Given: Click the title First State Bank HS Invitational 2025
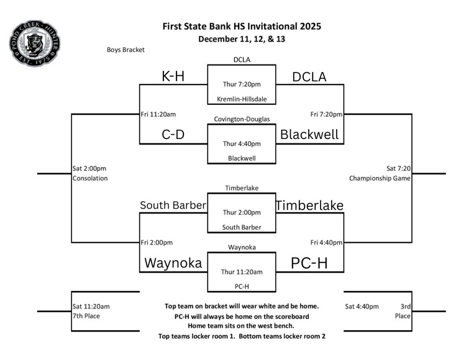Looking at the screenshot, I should coord(242,26).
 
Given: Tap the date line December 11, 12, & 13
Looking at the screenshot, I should coord(242,39).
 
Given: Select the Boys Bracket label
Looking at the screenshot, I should coord(126,50).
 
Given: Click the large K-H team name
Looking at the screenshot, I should coord(173,76).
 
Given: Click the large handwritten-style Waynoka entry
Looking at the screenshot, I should coord(173,263).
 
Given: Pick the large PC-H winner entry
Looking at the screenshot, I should coord(308,263).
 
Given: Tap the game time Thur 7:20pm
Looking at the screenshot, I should coord(241,84).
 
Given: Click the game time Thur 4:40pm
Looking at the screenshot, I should coord(241,143).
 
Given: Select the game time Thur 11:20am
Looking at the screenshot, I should coord(242,272).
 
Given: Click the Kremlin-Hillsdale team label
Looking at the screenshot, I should coord(242,99).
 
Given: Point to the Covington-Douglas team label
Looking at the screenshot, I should coord(242,119).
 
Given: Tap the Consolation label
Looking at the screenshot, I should coord(90,178).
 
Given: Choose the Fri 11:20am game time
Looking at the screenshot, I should coord(158,114).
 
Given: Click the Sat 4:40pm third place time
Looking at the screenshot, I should coord(362,306).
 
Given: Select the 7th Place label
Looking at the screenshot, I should coord(86,316).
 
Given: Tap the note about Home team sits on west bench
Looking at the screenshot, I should coord(242,326).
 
